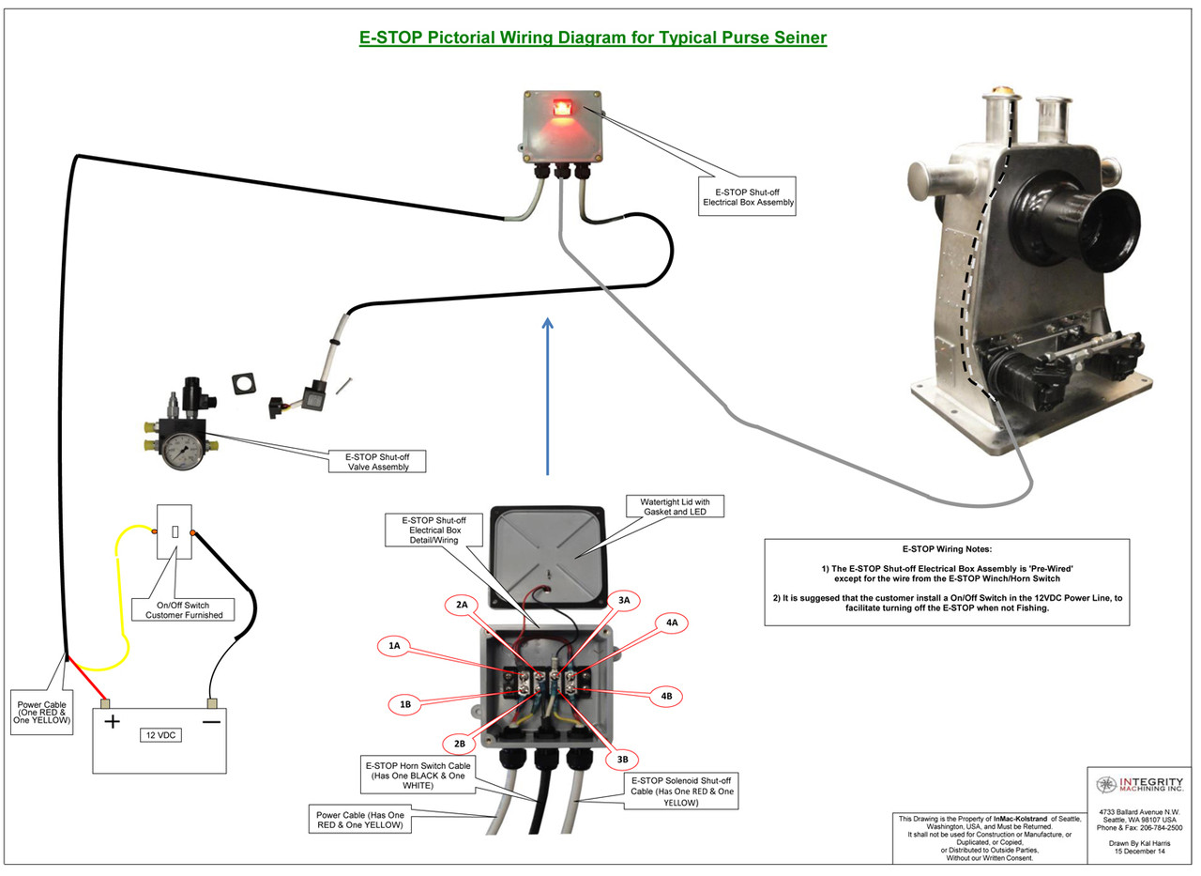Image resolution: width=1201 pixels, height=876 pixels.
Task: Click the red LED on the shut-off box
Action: click(561, 109)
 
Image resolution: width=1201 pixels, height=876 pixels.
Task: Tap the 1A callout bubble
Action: click(394, 645)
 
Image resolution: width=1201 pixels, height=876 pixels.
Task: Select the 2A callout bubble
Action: click(462, 606)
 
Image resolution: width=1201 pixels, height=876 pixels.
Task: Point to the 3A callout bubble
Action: click(623, 598)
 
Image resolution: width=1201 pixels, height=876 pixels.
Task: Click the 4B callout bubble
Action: click(665, 696)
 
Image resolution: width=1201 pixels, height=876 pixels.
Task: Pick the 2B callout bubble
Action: click(460, 744)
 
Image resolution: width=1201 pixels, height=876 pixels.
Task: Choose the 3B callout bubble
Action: click(623, 758)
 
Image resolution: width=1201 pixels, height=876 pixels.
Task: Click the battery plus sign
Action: click(112, 722)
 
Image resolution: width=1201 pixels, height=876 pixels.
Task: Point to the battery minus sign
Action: click(211, 722)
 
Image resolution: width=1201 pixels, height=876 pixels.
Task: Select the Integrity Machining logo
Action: click(1139, 784)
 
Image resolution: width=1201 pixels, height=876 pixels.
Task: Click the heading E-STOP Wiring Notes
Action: click(947, 548)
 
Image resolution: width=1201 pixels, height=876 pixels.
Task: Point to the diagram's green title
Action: click(593, 38)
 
